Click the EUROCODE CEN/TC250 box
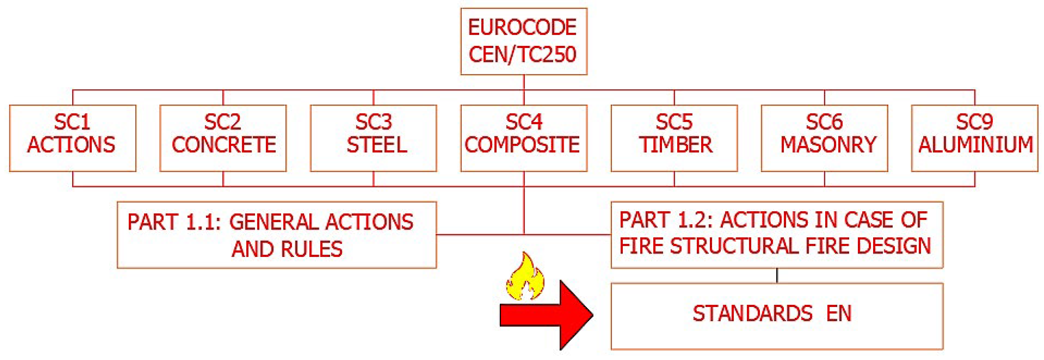[x=524, y=41]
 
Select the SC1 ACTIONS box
[x=73, y=138]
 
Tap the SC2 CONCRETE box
[x=223, y=138]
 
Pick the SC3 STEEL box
[x=373, y=138]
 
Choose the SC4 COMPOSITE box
[x=524, y=138]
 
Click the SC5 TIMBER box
[x=674, y=138]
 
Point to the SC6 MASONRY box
[x=824, y=138]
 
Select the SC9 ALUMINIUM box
[x=974, y=138]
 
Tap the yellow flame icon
[x=525, y=278]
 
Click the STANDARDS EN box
[x=776, y=316]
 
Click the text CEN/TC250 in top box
[x=523, y=54]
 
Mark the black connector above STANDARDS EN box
[x=776, y=276]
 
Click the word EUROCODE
[x=523, y=28]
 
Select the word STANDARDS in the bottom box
[x=752, y=313]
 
